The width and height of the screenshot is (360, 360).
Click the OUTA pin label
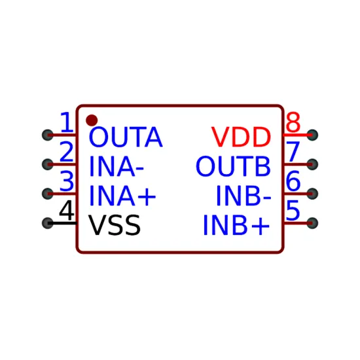126,137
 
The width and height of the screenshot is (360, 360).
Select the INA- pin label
117,166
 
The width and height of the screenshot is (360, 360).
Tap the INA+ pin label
122,196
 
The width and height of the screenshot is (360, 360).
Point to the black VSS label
115,225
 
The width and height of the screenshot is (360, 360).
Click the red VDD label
241,137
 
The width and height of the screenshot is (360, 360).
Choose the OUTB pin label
233,166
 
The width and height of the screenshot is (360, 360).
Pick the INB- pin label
244,196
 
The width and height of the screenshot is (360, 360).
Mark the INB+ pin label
236,225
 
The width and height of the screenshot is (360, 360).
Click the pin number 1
67,122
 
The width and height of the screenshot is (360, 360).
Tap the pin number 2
67,152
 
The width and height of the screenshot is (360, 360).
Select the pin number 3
67,181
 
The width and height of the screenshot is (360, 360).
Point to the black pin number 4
67,210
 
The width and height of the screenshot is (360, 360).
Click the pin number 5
293,210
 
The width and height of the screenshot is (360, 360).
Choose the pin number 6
293,181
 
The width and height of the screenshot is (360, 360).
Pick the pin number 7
293,152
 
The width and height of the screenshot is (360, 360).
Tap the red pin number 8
293,122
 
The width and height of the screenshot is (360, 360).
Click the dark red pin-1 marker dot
92,120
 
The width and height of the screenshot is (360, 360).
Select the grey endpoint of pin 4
48,223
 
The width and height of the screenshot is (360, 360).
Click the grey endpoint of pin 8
312,135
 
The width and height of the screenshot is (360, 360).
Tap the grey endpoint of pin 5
312,223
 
